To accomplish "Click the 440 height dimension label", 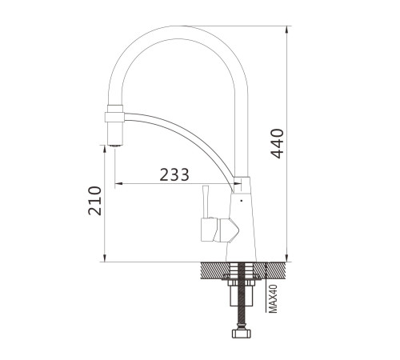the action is point(277,144).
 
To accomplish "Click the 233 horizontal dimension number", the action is point(174,174).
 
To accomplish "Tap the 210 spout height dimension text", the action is point(95,201).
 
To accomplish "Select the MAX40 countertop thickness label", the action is point(273,298).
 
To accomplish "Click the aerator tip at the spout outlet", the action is point(115,146).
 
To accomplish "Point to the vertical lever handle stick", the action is point(206,202).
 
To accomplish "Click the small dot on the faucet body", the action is point(242,201).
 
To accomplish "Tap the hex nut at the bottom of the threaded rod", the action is point(242,334).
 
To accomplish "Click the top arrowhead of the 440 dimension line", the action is point(286,30).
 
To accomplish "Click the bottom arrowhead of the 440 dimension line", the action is point(286,258).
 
